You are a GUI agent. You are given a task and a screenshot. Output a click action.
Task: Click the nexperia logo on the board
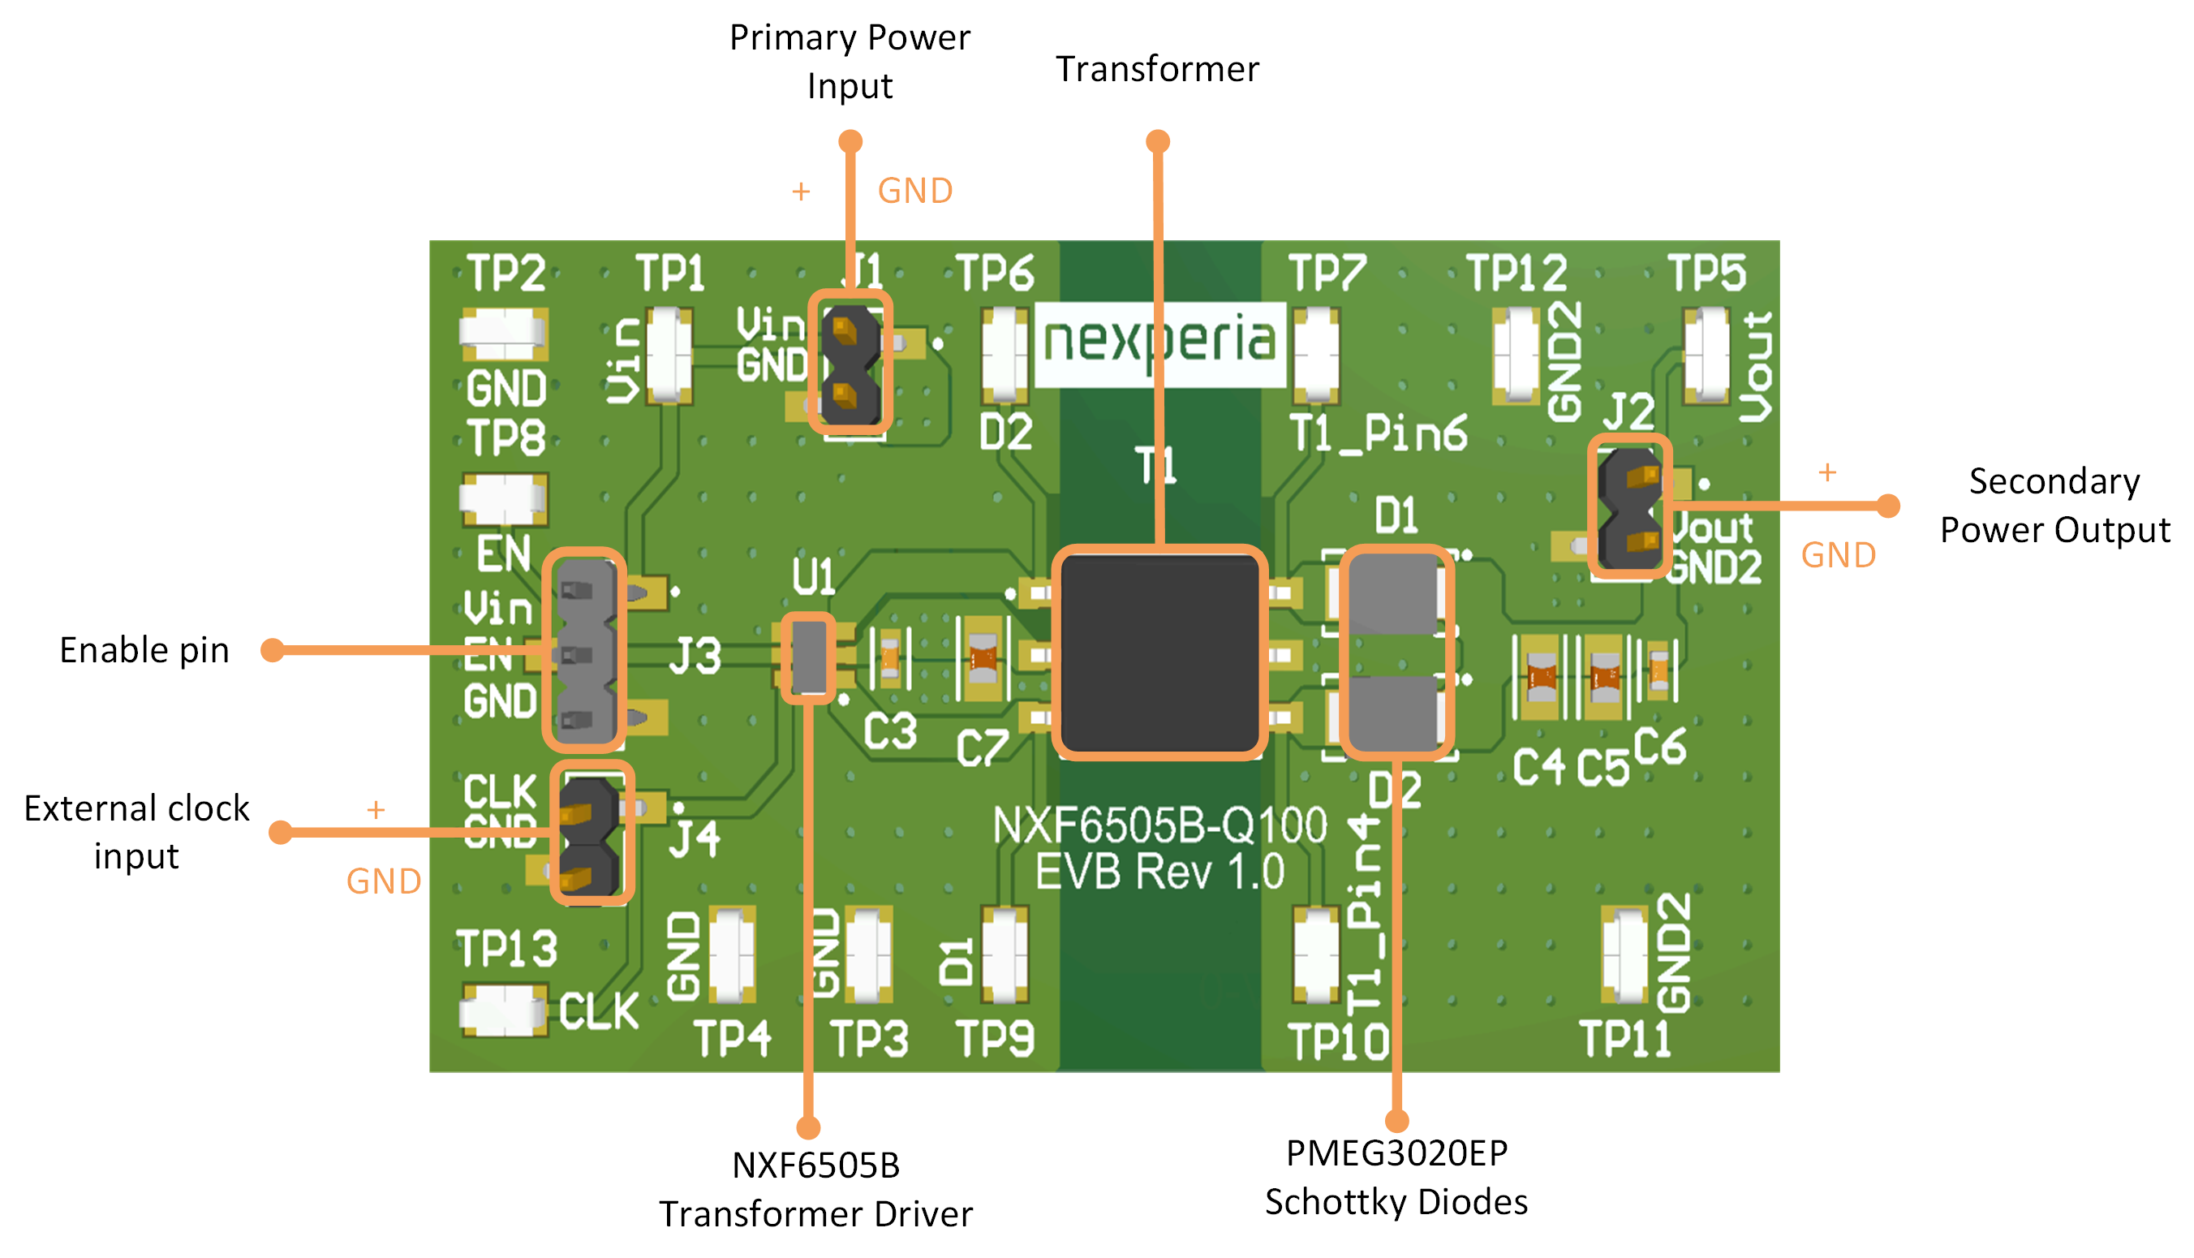(x=1159, y=343)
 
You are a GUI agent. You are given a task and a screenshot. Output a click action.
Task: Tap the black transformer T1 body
(x=1159, y=653)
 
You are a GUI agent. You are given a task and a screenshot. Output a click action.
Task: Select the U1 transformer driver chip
(x=808, y=657)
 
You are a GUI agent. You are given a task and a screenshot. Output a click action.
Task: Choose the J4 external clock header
(x=592, y=833)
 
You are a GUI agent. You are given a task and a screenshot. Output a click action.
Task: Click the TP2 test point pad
(x=503, y=334)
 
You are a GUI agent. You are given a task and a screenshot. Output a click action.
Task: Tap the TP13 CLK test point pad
(x=503, y=1011)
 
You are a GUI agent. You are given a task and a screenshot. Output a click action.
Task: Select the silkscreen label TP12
(x=1516, y=274)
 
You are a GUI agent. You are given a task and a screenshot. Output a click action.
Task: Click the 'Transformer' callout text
(x=1158, y=69)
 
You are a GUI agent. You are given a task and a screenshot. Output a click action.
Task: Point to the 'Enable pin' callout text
(x=144, y=651)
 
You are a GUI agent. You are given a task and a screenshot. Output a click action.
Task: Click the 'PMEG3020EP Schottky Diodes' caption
(x=1396, y=1178)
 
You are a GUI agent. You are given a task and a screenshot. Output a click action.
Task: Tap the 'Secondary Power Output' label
(x=2054, y=506)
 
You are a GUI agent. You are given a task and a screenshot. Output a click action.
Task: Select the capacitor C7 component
(x=982, y=658)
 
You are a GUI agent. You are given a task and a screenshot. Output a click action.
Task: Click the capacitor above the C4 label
(x=1541, y=678)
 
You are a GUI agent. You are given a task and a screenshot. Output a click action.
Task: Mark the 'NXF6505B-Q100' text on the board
(x=1159, y=826)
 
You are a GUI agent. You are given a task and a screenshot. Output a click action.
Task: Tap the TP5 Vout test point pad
(x=1707, y=356)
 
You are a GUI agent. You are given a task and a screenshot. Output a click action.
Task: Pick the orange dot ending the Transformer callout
(x=1158, y=142)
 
